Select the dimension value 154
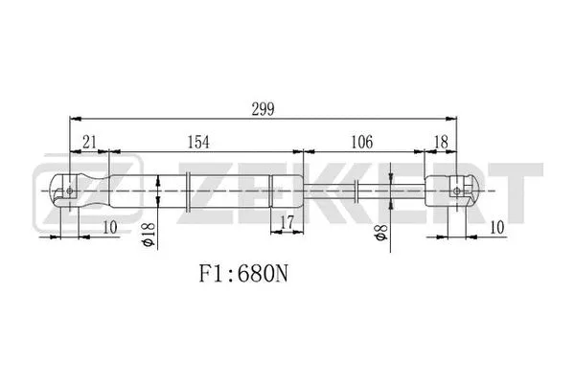click(x=196, y=141)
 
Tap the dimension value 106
click(x=362, y=141)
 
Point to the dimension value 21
click(x=89, y=141)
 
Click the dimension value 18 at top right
click(x=440, y=141)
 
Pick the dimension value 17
click(x=285, y=224)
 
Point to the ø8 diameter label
click(x=382, y=234)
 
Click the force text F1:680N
click(x=241, y=275)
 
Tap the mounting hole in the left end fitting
click(x=71, y=191)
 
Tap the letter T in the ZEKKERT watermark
click(x=521, y=191)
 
